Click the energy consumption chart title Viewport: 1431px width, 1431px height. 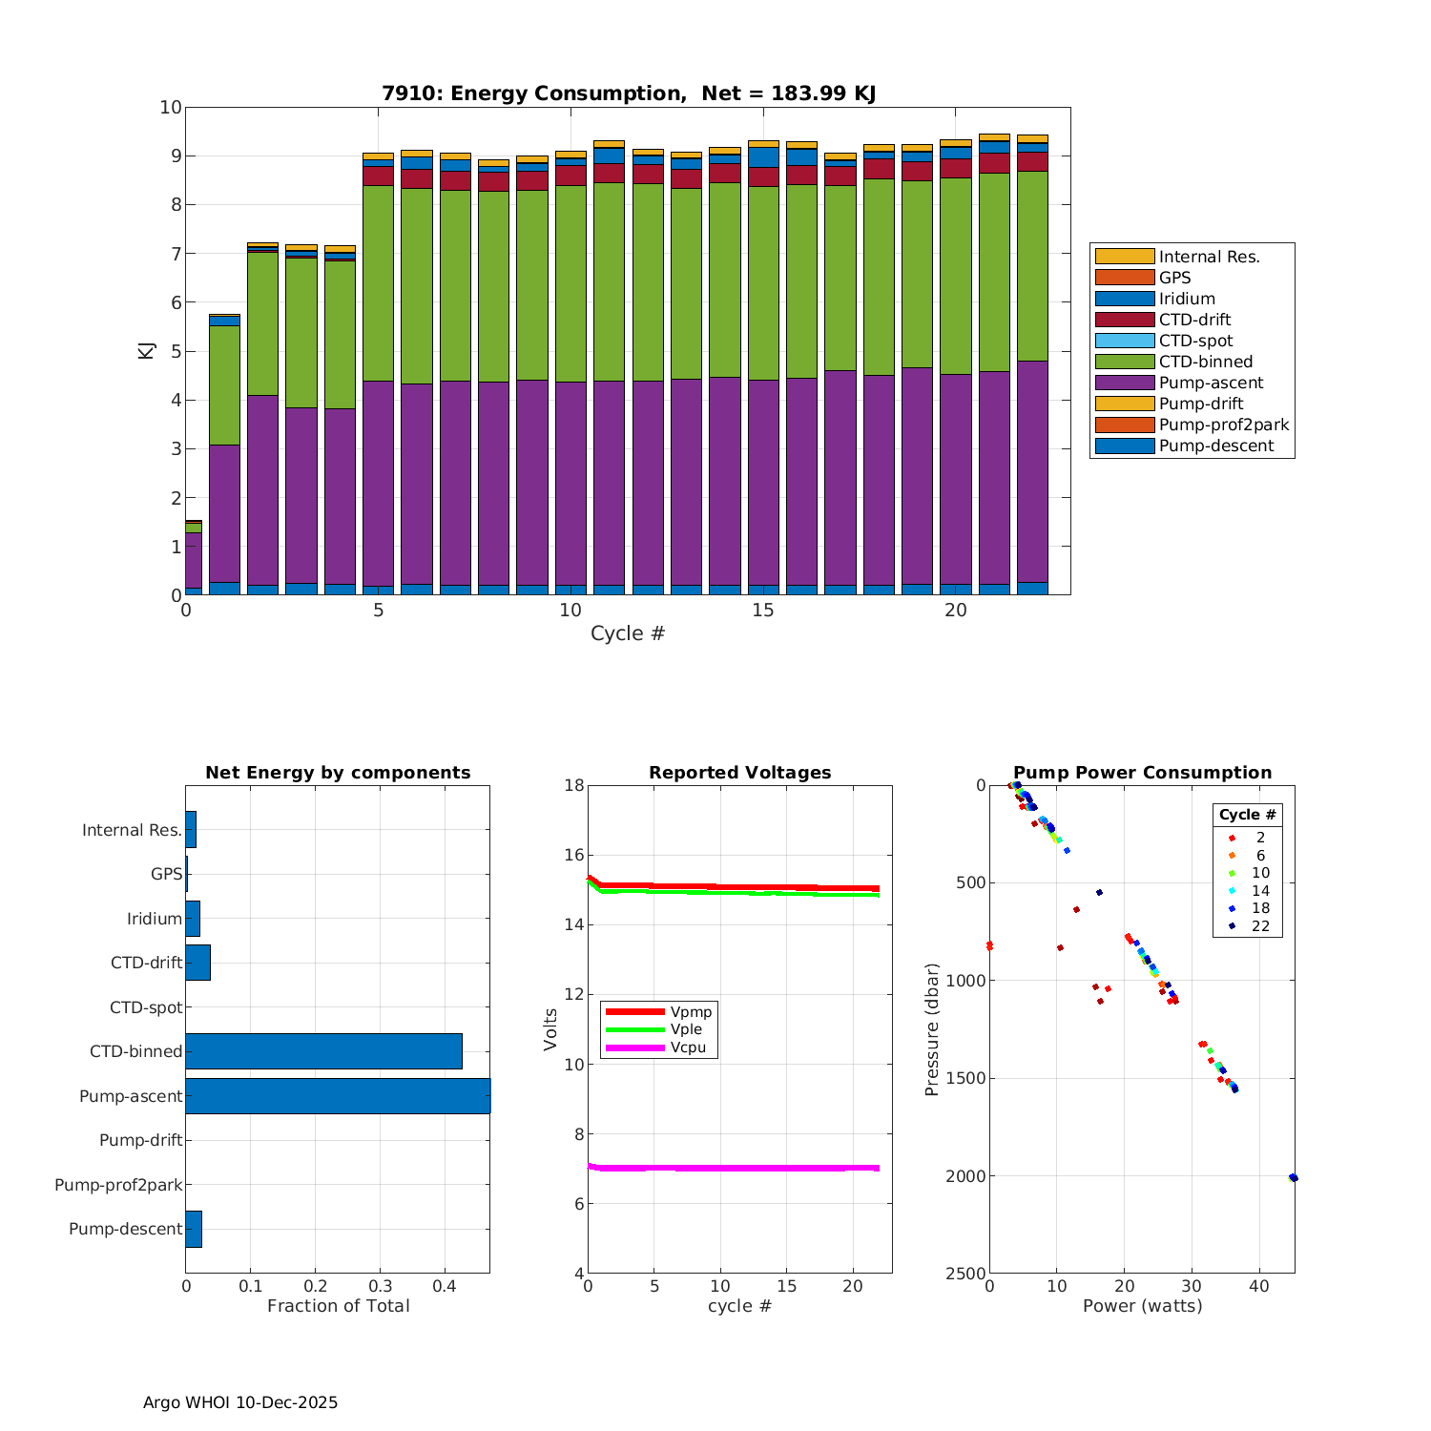(x=629, y=93)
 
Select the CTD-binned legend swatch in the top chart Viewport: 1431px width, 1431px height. (x=1124, y=362)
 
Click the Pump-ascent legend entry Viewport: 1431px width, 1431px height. (x=1211, y=383)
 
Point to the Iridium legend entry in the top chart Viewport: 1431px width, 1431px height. (x=1187, y=299)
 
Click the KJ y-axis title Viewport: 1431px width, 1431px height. (x=146, y=350)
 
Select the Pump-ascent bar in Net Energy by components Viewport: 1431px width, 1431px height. (x=338, y=1096)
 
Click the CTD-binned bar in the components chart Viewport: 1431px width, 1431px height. (x=323, y=1051)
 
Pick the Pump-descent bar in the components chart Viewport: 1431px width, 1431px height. (x=194, y=1229)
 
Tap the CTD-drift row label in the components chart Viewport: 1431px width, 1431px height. (x=146, y=963)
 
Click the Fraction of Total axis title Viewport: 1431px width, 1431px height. (x=338, y=1306)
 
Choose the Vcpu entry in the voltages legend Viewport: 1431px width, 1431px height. (x=691, y=1047)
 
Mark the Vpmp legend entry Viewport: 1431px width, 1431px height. (x=691, y=1011)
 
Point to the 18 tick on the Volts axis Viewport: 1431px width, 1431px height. (x=573, y=785)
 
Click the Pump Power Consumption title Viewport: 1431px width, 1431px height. (x=1142, y=773)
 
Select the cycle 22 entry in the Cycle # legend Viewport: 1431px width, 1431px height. (x=1259, y=925)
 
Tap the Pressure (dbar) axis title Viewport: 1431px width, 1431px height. (x=932, y=1028)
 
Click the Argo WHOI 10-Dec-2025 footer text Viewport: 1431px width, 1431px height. (x=240, y=1402)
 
